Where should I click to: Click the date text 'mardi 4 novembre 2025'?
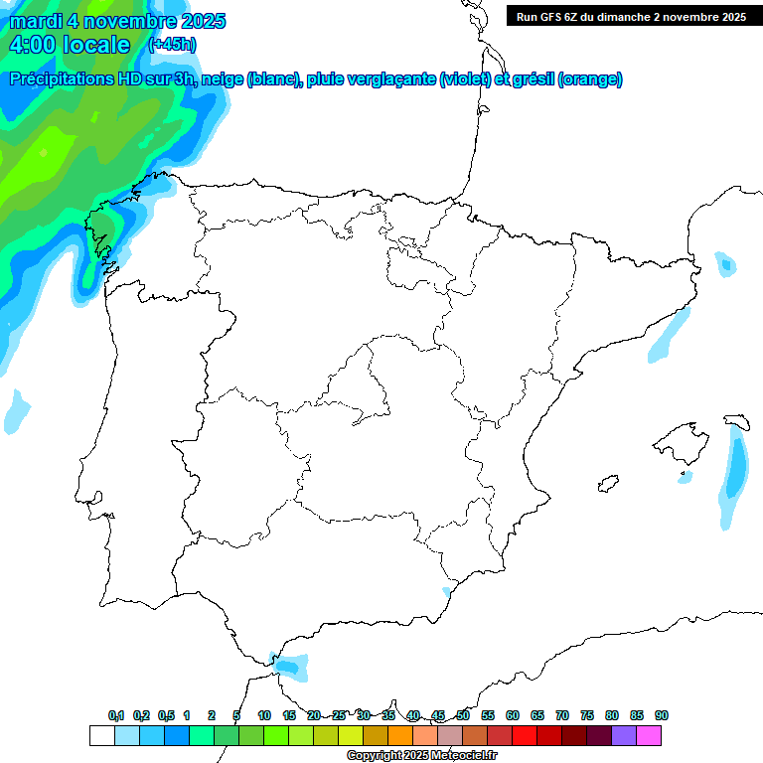[117, 21]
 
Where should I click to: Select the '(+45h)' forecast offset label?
[172, 45]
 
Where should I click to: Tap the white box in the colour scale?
[101, 736]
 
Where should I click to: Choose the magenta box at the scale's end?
[649, 736]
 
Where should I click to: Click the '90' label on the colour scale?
[662, 715]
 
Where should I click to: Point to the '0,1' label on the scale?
[115, 715]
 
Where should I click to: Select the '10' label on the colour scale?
[264, 715]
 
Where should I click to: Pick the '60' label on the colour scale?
[513, 715]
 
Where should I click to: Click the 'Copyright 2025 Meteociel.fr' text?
[421, 756]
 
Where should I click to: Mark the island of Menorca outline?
[736, 421]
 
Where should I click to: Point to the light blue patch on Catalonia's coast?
[669, 335]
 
